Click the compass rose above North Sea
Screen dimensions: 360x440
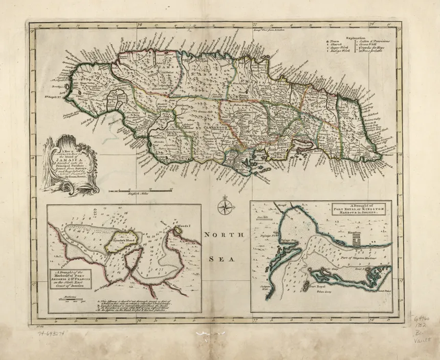coord(224,207)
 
